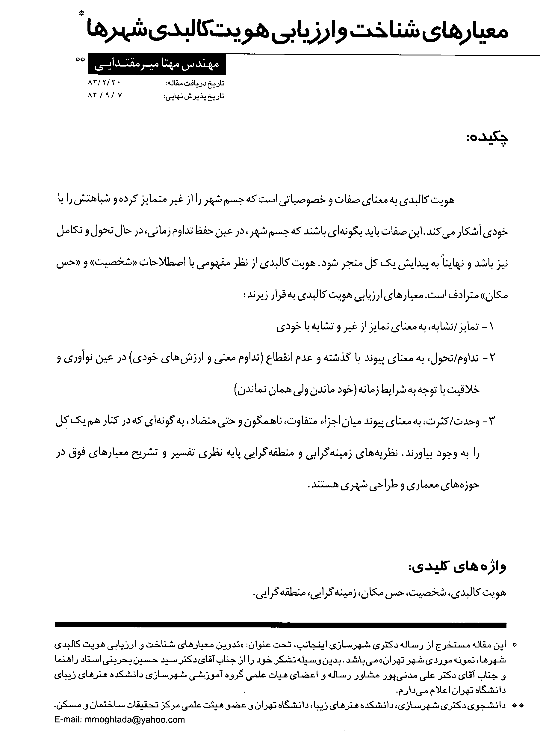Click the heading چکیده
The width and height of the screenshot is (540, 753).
pos(487,138)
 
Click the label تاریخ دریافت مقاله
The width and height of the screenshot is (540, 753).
pos(195,83)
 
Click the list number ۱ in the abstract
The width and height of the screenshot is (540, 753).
pos(491,327)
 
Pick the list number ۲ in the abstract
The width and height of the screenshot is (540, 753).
pos(491,358)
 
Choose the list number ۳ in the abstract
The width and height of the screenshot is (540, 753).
pos(491,421)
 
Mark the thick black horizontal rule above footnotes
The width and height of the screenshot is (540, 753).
pos(280,625)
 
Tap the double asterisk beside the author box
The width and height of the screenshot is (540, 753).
pos(80,60)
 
